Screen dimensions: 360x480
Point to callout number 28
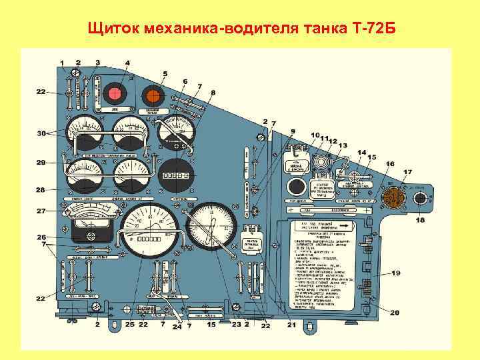(x=41, y=190)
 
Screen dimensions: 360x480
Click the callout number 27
(x=41, y=211)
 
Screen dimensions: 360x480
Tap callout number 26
(x=41, y=237)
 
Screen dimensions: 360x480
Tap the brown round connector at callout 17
(x=393, y=197)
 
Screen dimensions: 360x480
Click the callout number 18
(x=420, y=220)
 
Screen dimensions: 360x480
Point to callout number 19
(x=414, y=273)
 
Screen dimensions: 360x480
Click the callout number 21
(x=291, y=325)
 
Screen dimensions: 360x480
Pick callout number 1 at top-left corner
(x=62, y=63)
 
